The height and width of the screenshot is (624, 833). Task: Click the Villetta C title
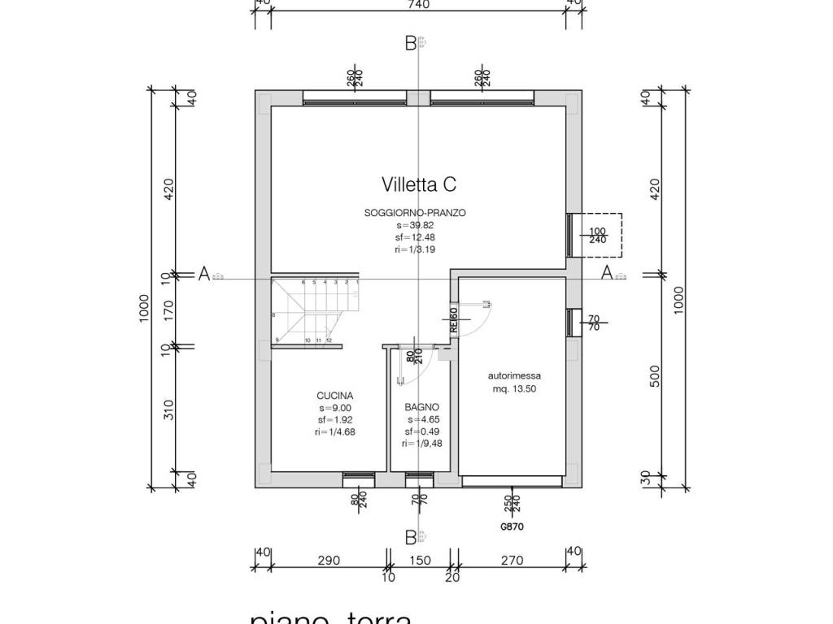click(x=418, y=185)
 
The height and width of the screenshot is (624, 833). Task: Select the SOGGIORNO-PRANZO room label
click(x=415, y=213)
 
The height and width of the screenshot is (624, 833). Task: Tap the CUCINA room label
click(x=334, y=396)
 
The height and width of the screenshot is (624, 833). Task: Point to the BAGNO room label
click(x=421, y=408)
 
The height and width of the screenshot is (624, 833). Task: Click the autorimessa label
click(x=514, y=376)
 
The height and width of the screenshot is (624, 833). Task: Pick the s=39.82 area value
click(x=415, y=225)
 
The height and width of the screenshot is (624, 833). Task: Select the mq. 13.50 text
click(x=514, y=389)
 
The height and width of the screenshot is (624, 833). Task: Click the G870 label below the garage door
click(x=512, y=526)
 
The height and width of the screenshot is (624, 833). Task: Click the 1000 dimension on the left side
click(x=143, y=308)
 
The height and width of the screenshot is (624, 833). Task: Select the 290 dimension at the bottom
click(x=328, y=561)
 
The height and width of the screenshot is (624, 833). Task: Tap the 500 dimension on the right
click(x=655, y=376)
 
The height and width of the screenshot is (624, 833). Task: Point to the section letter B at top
click(x=411, y=43)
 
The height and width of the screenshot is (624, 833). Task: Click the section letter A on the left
click(x=203, y=274)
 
